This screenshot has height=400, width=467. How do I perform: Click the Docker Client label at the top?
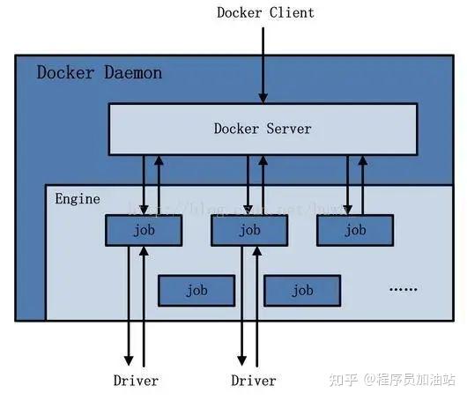tap(264, 12)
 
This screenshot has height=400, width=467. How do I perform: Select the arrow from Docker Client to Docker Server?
tap(262, 62)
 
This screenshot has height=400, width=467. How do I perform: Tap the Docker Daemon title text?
tap(99, 72)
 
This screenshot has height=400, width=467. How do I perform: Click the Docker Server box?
tap(263, 129)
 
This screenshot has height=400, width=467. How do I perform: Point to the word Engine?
tap(78, 199)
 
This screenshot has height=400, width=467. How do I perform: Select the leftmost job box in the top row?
tap(144, 230)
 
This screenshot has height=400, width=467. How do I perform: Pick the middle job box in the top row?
tap(249, 230)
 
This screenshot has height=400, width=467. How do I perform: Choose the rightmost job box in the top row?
tap(355, 230)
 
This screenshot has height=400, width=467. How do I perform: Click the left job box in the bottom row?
tap(196, 290)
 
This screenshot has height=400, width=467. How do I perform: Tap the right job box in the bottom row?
tap(302, 290)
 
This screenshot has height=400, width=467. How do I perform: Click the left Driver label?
tap(136, 381)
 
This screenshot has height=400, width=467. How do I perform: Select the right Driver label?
tap(254, 381)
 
